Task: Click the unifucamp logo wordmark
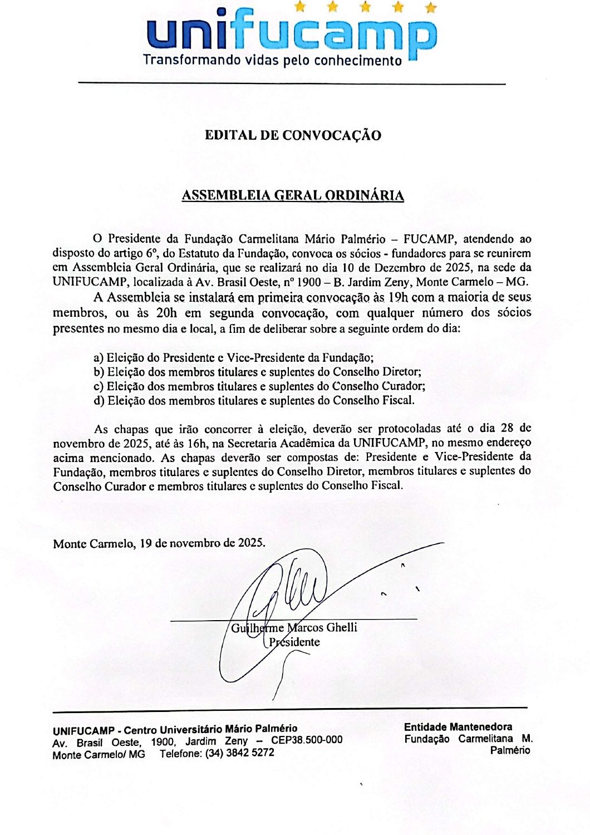[291, 34]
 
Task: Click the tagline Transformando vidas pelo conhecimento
[272, 60]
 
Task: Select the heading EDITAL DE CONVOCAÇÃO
[293, 135]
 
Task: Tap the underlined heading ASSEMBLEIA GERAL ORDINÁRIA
[293, 195]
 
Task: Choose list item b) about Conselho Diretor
[257, 372]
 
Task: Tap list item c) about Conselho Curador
[259, 386]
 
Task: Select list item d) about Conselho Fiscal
[254, 400]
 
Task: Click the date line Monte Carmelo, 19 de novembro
[159, 543]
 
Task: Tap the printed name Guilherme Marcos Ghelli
[294, 628]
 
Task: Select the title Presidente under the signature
[293, 642]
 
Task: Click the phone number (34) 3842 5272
[239, 753]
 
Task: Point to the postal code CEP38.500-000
[307, 740]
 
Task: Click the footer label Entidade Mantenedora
[458, 727]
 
